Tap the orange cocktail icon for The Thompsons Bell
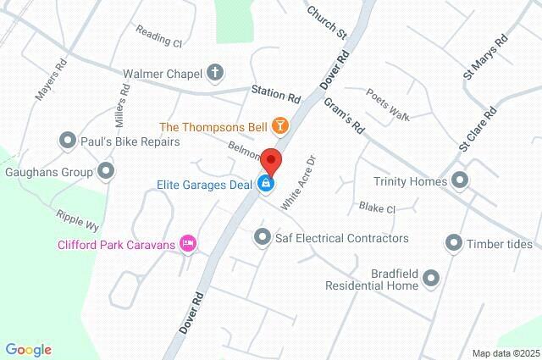pos(279,127)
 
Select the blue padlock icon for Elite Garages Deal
pos(266,182)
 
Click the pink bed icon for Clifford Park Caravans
pos(188,245)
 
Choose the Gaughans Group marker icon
pos(106,172)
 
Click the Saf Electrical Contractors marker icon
pos(263,237)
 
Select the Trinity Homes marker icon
pos(460,180)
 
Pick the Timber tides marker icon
pos(453,244)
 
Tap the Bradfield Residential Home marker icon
pos(431,277)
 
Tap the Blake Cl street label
pos(377,208)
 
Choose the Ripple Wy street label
pos(79,220)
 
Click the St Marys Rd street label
pos(485,57)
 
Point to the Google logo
pos(28,349)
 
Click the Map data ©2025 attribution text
pos(505,352)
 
